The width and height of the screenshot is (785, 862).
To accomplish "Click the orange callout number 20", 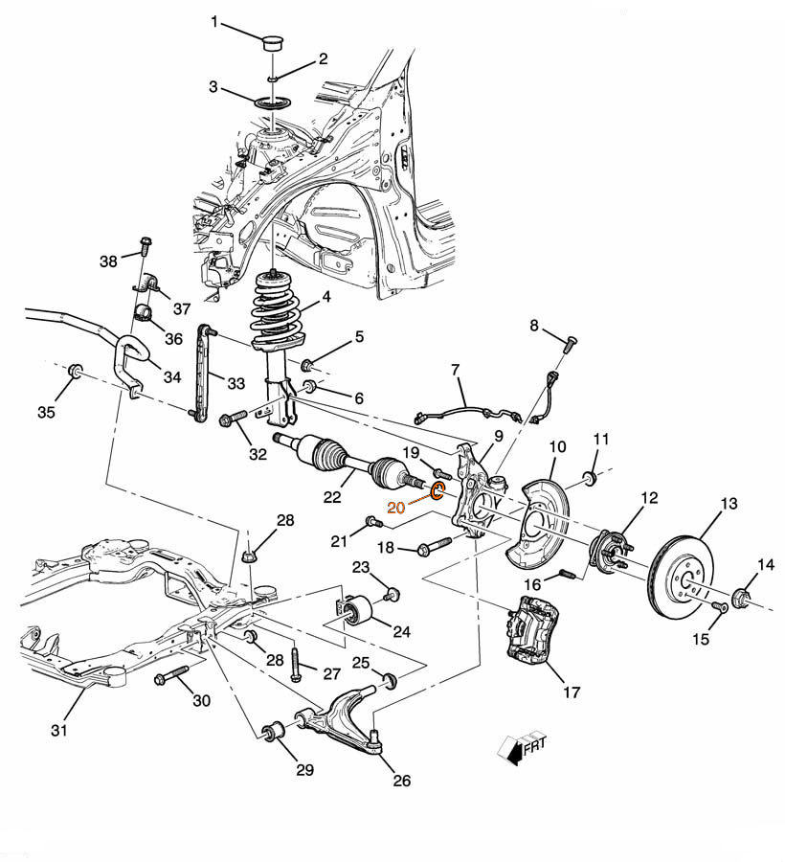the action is point(395,508).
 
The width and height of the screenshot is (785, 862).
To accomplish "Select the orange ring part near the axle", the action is point(437,489).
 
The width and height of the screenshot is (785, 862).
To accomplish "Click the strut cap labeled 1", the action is point(273,42).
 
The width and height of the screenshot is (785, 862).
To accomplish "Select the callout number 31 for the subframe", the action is point(59,730).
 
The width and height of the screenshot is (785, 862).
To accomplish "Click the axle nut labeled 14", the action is point(742,598).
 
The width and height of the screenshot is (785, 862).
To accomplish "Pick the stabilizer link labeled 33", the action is point(202,374).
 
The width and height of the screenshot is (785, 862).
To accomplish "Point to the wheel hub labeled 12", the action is point(611,552).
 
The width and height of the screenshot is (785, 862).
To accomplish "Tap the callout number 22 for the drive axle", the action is point(332,497).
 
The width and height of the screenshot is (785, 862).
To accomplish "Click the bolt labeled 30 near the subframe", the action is point(171,674).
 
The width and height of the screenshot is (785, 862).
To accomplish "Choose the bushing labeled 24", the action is point(354,609).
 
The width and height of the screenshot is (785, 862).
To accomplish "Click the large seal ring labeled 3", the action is point(273,102).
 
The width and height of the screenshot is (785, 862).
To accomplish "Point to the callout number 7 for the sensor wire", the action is point(455,370).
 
